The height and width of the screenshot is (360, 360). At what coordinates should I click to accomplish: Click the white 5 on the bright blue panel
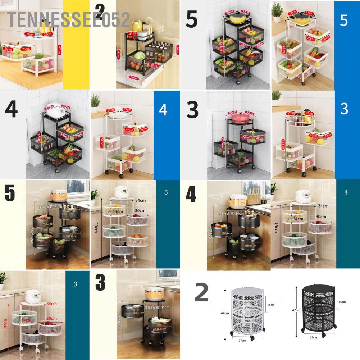[343, 20]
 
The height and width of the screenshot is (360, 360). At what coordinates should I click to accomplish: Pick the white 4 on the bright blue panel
[163, 110]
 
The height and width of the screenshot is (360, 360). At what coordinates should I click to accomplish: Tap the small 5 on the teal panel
[166, 192]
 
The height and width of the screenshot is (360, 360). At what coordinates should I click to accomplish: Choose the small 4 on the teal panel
[346, 192]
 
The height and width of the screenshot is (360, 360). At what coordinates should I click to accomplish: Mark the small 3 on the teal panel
[75, 284]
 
